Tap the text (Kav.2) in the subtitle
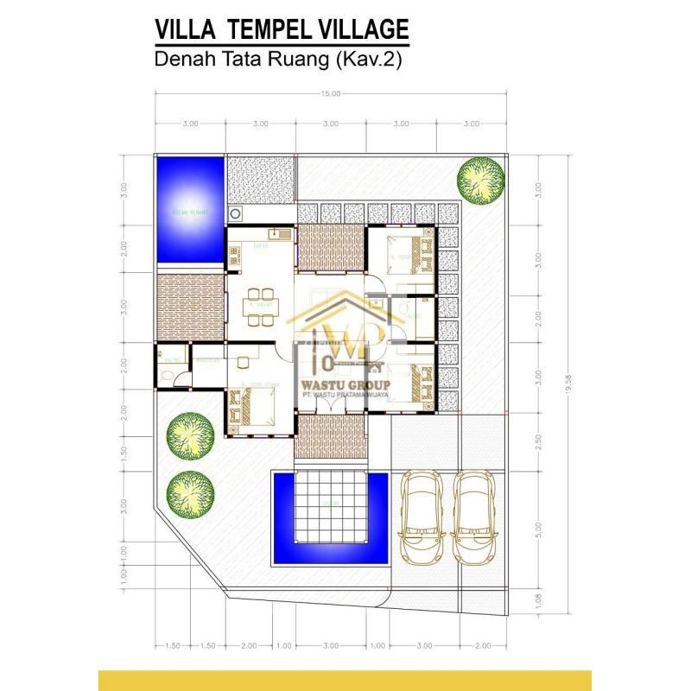point(362,60)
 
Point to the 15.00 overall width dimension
point(330,94)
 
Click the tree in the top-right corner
point(481,179)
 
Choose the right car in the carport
point(472,517)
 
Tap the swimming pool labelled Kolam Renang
point(190,210)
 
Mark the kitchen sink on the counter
point(275,233)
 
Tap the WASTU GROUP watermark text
point(345,384)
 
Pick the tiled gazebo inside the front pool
point(331,510)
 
